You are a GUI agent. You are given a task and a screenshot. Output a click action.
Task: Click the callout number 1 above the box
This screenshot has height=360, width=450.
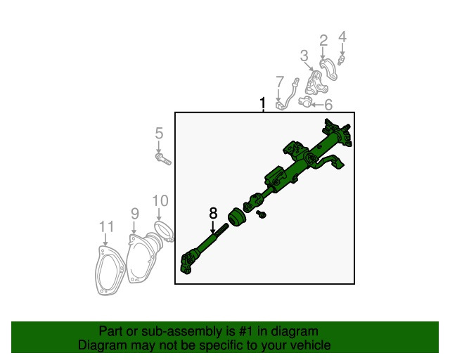pyautogui.click(x=262, y=103)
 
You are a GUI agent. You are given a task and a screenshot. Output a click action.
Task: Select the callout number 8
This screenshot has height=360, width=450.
pyautogui.click(x=213, y=213)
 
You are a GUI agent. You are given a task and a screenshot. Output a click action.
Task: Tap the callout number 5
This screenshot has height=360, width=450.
pyautogui.click(x=159, y=134)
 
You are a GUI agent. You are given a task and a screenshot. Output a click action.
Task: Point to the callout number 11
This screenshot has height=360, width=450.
pyautogui.click(x=106, y=227)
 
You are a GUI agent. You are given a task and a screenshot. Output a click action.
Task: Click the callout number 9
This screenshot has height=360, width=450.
pyautogui.click(x=135, y=214)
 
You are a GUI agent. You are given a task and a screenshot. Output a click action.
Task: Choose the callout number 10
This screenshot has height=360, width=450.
pyautogui.click(x=160, y=201)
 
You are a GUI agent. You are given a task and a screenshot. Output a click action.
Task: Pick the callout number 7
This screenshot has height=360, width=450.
pyautogui.click(x=280, y=82)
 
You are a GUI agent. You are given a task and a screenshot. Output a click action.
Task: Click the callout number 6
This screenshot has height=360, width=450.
pyautogui.click(x=328, y=105)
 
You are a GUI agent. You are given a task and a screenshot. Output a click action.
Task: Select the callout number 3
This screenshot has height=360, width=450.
pyautogui.click(x=304, y=56)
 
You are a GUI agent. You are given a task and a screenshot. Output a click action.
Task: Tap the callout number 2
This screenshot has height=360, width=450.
pyautogui.click(x=323, y=41)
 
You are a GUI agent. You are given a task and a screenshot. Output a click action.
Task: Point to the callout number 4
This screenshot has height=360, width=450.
pyautogui.click(x=342, y=37)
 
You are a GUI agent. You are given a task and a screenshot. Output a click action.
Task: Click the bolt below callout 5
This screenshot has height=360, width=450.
pyautogui.click(x=163, y=159)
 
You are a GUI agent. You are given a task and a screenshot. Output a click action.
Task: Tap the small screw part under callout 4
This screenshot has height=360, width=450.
pyautogui.click(x=341, y=60)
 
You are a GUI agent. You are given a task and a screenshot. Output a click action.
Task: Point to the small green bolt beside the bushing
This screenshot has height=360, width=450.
pyautogui.click(x=261, y=214)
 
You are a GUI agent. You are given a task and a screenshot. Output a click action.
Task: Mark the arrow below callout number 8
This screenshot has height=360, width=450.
pyautogui.click(x=212, y=227)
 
